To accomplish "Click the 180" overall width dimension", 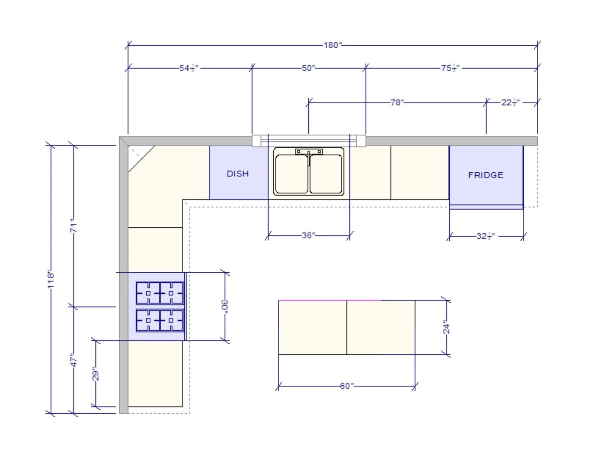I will [x=332, y=45].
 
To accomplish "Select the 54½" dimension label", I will [x=188, y=68].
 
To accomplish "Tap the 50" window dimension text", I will [x=308, y=68].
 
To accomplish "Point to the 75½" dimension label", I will [x=450, y=68].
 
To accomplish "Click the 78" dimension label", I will [x=397, y=103].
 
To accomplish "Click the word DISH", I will [x=237, y=174].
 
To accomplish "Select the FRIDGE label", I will [x=485, y=175].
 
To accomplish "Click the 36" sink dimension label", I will [x=308, y=236].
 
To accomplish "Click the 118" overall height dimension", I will [x=51, y=279].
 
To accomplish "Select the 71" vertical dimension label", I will [x=74, y=225].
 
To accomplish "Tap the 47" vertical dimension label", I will [x=74, y=360].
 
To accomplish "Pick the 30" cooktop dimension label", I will [x=225, y=305].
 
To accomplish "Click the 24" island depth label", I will [x=446, y=327].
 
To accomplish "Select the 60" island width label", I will [x=346, y=386].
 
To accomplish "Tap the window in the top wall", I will [x=309, y=141].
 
